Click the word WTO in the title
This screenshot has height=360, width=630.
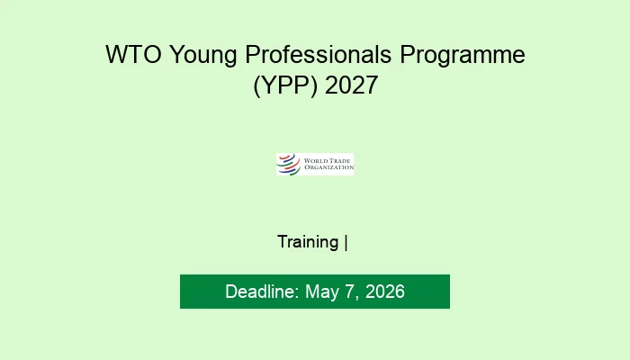(133, 54)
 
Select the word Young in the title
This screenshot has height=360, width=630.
(202, 57)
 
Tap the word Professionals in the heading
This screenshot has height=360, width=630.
(319, 54)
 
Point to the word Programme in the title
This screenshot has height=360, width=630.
(463, 57)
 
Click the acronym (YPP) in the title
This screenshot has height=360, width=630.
(285, 85)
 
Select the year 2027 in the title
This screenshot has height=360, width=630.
(351, 85)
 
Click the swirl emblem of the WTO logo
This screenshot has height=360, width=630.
(289, 165)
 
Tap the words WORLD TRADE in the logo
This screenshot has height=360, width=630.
(327, 161)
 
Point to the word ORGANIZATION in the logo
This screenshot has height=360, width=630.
(328, 167)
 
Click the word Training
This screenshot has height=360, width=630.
(308, 242)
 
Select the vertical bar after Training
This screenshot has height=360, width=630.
(346, 243)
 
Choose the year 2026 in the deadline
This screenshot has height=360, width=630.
(385, 292)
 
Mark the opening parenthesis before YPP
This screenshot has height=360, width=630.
(256, 86)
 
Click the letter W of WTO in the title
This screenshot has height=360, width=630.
(115, 54)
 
